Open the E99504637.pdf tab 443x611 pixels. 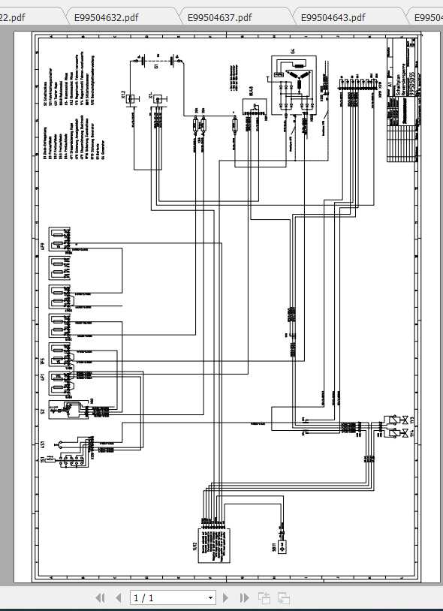pos(218,17)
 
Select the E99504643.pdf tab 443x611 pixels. pos(333,17)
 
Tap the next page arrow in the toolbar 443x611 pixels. pos(225,598)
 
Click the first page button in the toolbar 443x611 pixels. pos(100,598)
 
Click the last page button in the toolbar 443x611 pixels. pos(244,598)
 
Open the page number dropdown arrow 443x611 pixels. pos(210,598)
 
